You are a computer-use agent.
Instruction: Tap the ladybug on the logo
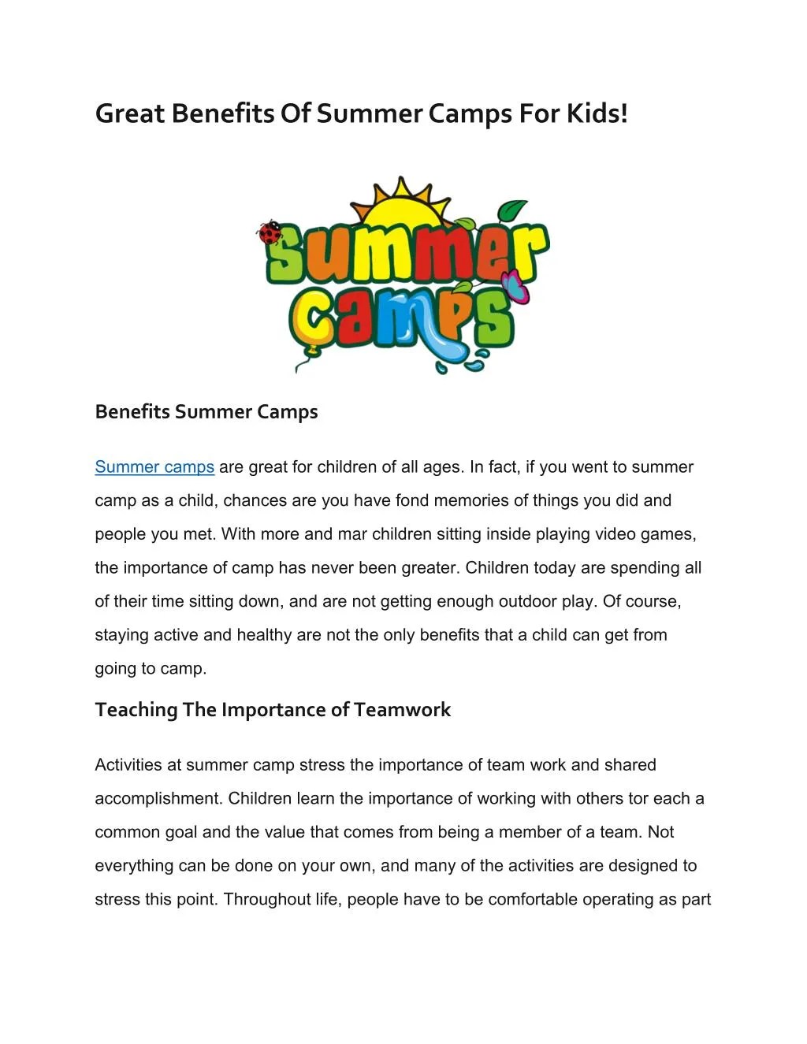270,232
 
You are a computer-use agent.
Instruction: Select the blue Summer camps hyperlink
154,467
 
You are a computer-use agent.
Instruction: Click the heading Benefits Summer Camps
206,412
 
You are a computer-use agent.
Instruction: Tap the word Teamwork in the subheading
402,710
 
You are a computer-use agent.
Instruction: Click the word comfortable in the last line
533,900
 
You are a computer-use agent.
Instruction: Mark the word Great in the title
130,113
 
